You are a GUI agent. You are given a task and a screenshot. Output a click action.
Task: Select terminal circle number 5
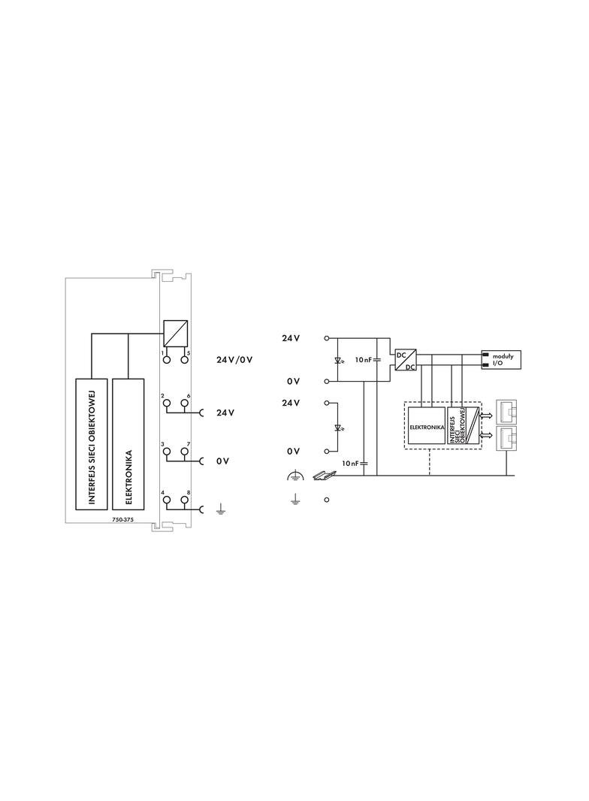(x=184, y=360)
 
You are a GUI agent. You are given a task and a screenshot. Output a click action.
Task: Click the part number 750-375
(x=122, y=519)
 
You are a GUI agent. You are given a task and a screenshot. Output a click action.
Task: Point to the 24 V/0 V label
(x=234, y=360)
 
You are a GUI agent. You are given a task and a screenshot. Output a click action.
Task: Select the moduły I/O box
(x=501, y=360)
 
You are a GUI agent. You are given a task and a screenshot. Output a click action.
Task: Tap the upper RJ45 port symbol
(x=507, y=410)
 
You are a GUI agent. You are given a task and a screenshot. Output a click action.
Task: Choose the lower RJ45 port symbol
(x=507, y=439)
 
